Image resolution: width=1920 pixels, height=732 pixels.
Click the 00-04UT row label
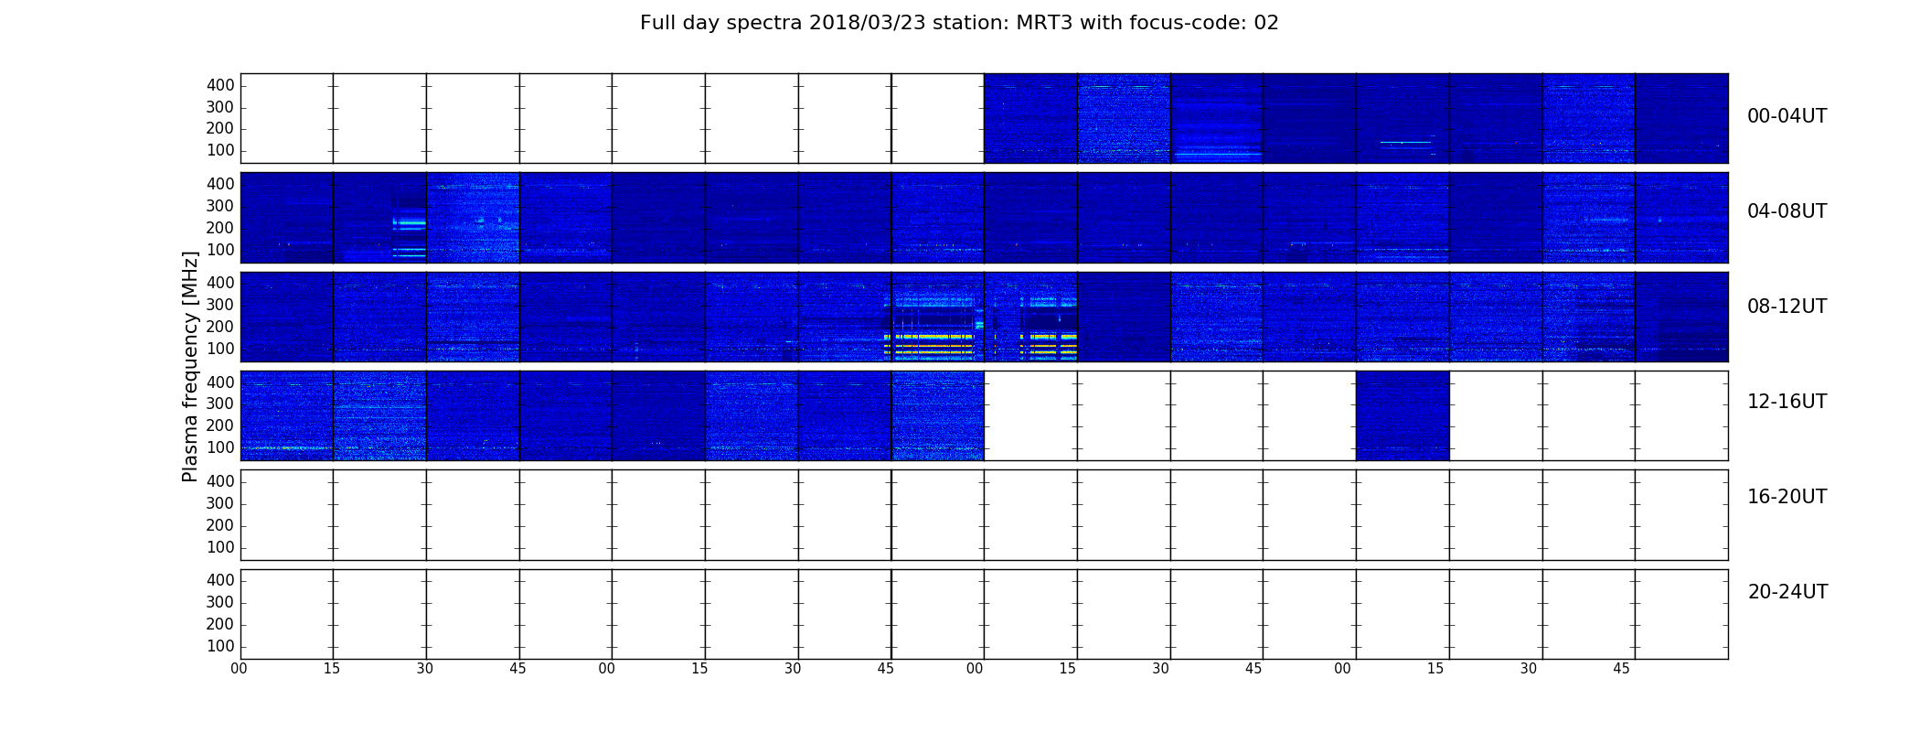(x=1787, y=116)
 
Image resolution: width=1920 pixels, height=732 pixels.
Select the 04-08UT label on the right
(x=1787, y=211)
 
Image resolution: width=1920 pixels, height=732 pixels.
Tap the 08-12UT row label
(x=1787, y=307)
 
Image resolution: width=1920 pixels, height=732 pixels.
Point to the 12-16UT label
(x=1787, y=402)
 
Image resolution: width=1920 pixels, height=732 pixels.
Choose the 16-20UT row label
(x=1787, y=497)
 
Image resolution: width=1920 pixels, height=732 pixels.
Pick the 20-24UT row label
(x=1787, y=592)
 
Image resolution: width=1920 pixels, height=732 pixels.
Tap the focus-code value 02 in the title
(x=1266, y=23)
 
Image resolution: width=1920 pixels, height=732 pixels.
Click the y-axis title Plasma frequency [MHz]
(x=190, y=366)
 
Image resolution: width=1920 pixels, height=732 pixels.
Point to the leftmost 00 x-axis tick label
(x=239, y=669)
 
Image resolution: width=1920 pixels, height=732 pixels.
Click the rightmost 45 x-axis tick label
(x=1621, y=669)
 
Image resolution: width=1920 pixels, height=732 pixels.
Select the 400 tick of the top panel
(x=220, y=85)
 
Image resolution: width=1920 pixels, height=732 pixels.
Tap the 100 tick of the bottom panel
(x=220, y=646)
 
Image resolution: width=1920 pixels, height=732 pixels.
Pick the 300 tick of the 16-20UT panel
(x=220, y=503)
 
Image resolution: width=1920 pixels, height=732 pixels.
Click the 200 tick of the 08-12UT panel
(x=220, y=327)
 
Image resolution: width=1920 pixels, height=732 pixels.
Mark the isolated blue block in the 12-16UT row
(x=1403, y=415)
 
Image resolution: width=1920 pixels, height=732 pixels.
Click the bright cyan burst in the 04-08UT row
(x=410, y=222)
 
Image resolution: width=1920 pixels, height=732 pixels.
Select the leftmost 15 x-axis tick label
(x=332, y=669)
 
